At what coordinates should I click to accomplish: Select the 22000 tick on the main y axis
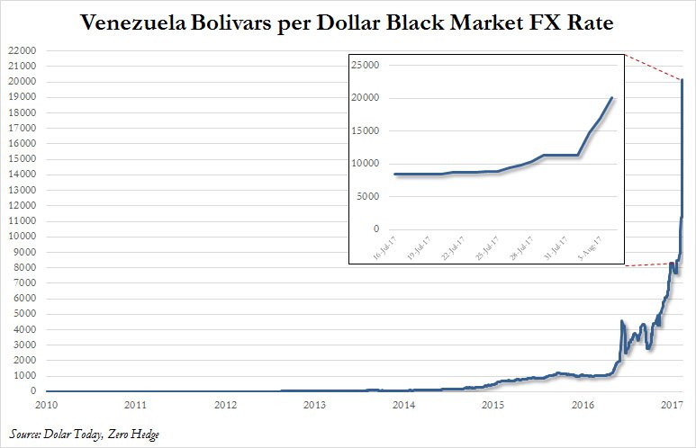pos(22,51)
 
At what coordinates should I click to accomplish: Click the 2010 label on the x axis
pos(47,404)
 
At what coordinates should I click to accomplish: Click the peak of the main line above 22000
pos(682,81)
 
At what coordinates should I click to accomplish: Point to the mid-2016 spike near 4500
pos(622,321)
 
